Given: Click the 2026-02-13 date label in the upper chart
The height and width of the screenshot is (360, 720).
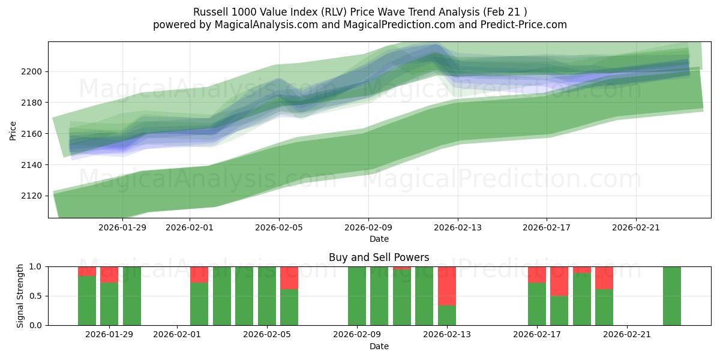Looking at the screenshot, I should (x=458, y=227).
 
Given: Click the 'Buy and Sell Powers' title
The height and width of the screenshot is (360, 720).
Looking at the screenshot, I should (x=379, y=257).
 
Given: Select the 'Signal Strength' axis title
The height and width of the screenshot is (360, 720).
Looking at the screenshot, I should (x=20, y=296).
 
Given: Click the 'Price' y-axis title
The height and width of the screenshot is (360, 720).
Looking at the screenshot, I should (x=13, y=130).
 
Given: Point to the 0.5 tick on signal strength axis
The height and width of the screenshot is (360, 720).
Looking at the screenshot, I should (x=37, y=296).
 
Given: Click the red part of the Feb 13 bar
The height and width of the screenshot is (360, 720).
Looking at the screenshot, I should (x=447, y=286).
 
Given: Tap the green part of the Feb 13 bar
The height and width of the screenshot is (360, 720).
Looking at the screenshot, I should (x=447, y=315).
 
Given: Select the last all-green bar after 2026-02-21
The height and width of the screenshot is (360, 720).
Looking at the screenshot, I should (x=671, y=296).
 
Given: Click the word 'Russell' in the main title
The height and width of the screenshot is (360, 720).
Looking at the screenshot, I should (x=210, y=12).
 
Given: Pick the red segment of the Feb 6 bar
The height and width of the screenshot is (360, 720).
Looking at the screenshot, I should (x=289, y=278).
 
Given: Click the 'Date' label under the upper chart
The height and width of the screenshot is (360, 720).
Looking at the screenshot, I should (x=379, y=239).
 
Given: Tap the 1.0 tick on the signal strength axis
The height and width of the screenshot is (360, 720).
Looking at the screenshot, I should (x=37, y=266).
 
